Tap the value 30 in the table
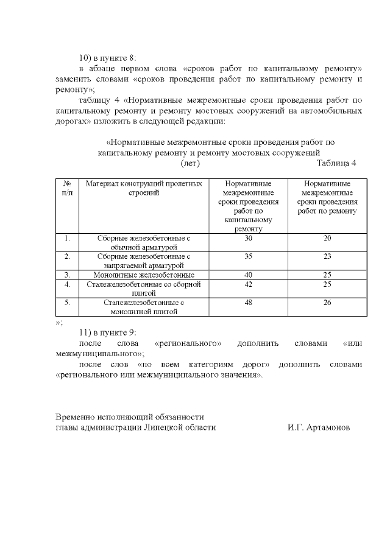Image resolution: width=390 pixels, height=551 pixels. tap(247, 238)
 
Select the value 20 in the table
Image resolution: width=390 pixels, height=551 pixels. tap(327, 238)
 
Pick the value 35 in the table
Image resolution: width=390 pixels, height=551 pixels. tap(247, 256)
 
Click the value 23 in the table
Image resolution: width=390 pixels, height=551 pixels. tap(327, 256)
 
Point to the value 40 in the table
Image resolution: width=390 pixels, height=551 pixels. tap(247, 275)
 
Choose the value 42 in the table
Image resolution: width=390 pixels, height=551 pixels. tap(247, 284)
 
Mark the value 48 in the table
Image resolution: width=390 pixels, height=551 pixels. tap(247, 302)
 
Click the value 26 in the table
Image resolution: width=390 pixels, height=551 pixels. tap(327, 302)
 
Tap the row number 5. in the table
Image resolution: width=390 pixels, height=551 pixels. tap(68, 302)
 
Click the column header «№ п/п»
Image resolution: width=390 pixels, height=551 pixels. tap(68, 188)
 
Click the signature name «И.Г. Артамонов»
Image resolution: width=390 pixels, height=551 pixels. tap(319, 427)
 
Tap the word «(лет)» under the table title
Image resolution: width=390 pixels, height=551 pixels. tap(191, 163)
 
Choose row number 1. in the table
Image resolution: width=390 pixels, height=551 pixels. tap(68, 238)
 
